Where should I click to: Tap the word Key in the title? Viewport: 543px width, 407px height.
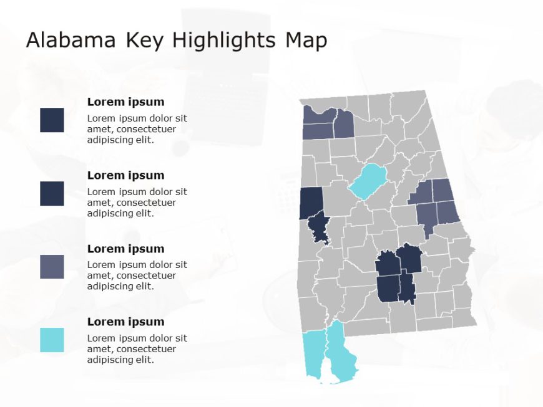point(145,41)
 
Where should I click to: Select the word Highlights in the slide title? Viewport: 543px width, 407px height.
point(223,41)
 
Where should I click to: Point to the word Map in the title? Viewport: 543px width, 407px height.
point(306,41)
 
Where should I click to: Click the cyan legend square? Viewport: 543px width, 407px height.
point(52,340)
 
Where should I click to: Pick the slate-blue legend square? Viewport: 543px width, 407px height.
point(52,267)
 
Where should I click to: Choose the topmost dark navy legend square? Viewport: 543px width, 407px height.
point(52,120)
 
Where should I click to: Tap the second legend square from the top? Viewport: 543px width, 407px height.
point(52,193)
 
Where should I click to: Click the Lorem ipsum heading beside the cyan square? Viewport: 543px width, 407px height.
point(125,322)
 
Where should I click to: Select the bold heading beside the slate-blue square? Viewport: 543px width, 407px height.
point(125,249)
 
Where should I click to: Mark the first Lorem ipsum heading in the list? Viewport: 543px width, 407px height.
point(125,102)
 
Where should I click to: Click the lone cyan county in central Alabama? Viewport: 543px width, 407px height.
point(369,181)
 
